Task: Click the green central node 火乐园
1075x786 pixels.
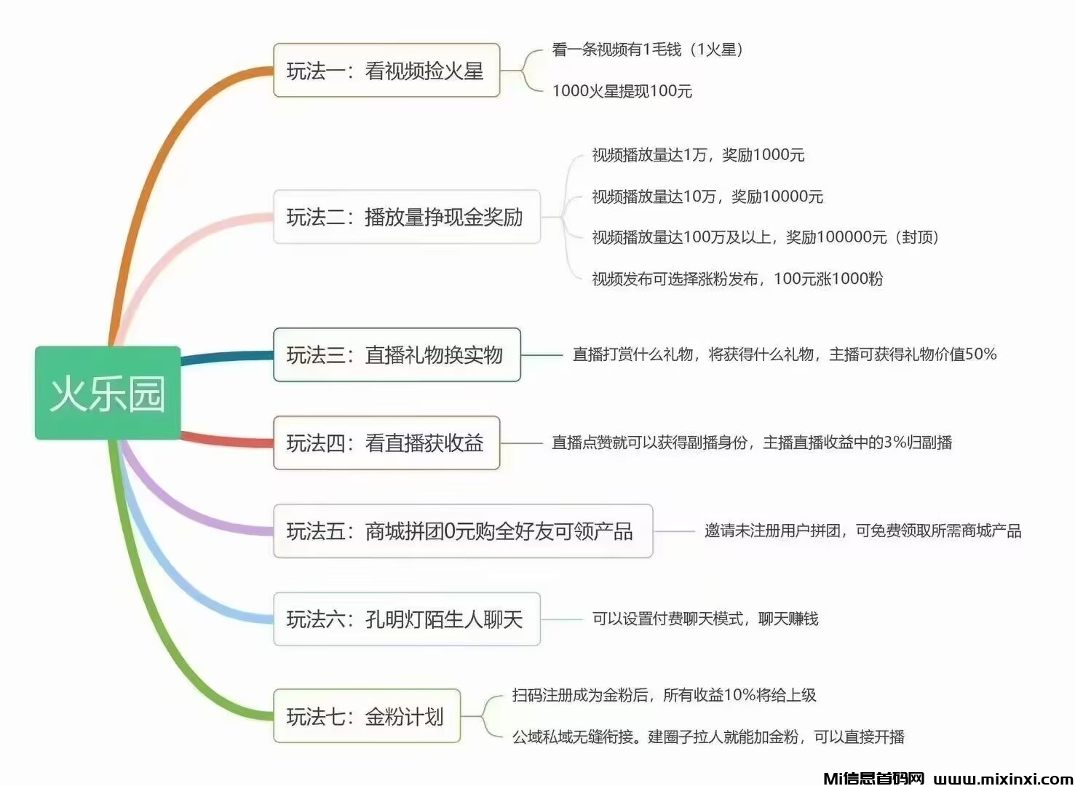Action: click(108, 393)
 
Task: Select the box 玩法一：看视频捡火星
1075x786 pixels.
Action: click(386, 71)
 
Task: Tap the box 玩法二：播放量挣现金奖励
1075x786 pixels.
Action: click(406, 217)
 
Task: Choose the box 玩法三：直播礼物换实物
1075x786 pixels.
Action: click(397, 355)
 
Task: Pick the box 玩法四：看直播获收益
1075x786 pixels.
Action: click(386, 443)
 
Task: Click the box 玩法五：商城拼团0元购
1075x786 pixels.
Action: click(462, 531)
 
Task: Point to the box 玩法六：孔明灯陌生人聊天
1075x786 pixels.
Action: click(406, 619)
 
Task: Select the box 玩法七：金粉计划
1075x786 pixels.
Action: click(366, 716)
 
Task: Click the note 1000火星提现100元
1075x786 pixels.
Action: click(622, 91)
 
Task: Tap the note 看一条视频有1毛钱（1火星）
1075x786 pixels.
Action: click(647, 49)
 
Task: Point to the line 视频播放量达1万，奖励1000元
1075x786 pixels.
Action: click(698, 155)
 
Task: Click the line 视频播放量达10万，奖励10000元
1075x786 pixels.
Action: click(707, 196)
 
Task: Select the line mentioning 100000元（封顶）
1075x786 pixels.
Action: click(765, 237)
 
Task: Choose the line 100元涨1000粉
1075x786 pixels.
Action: click(737, 279)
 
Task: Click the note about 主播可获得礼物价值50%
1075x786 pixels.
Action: click(784, 354)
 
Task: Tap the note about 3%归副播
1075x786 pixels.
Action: click(752, 442)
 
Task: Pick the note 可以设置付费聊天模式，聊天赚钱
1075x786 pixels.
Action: click(705, 619)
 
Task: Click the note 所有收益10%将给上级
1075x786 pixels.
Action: click(664, 695)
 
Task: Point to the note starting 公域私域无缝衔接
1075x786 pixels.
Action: click(708, 737)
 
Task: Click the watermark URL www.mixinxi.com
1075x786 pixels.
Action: click(1003, 778)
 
